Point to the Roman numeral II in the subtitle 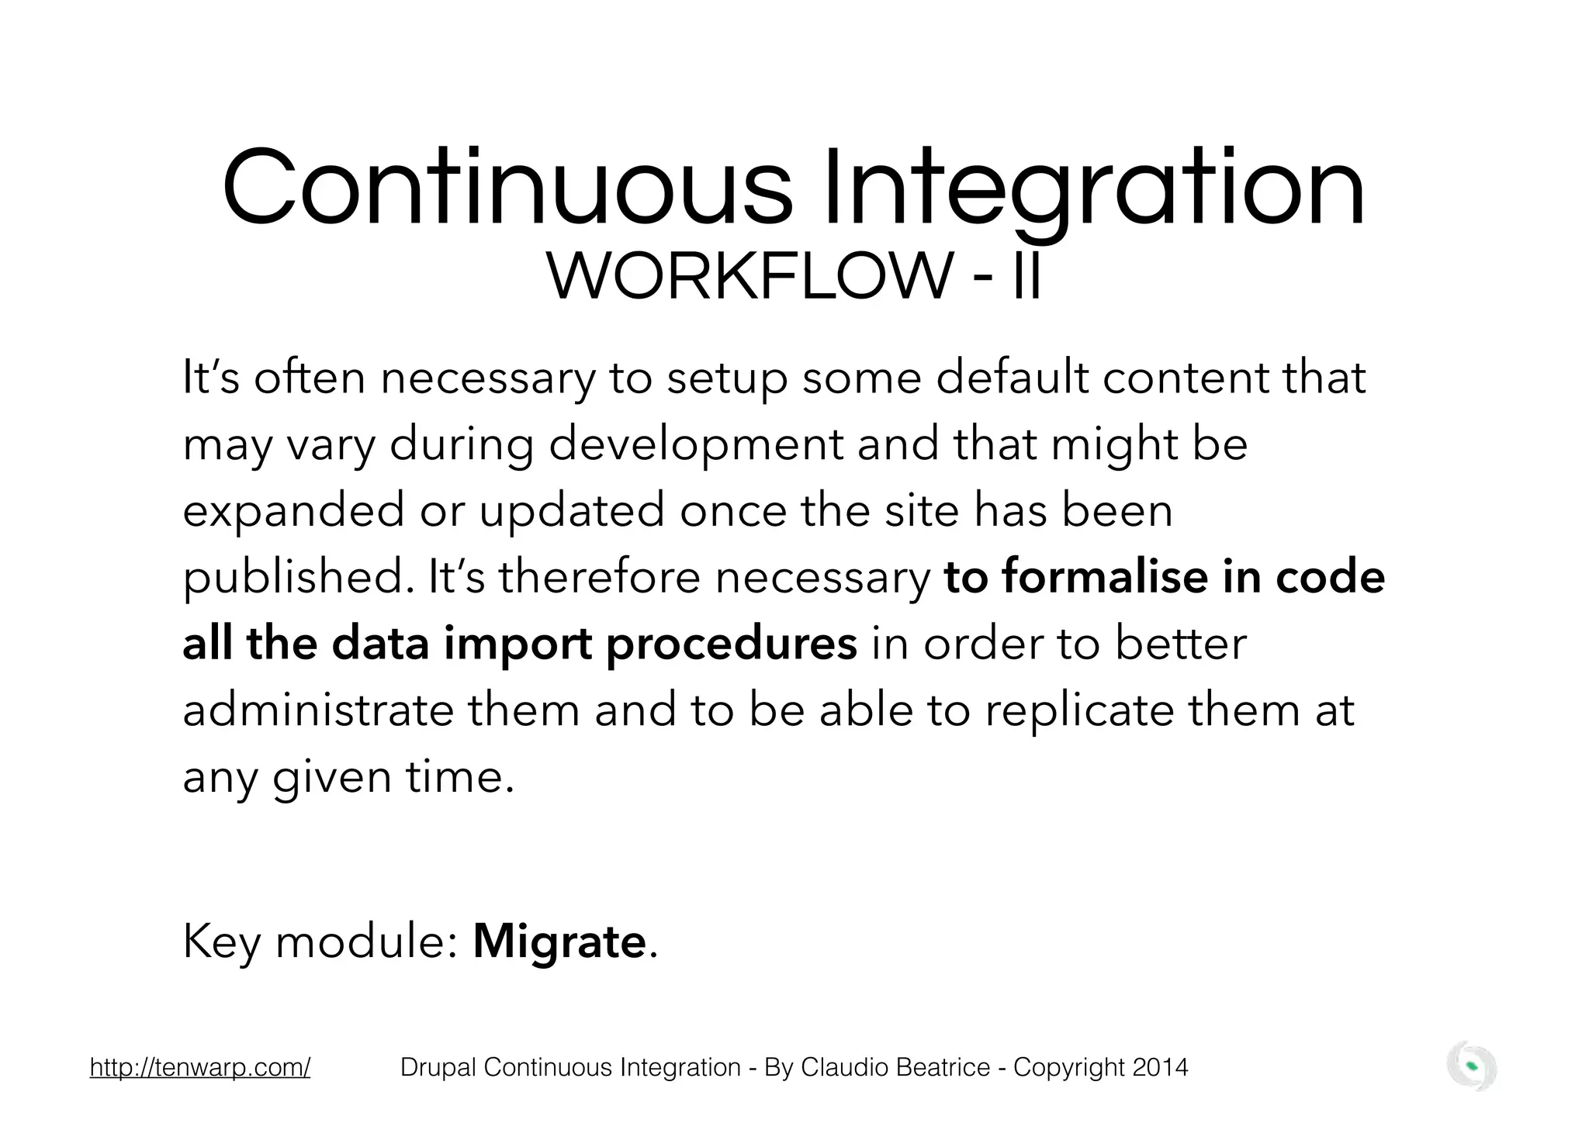pyautogui.click(x=1026, y=277)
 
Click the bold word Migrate pyautogui.click(x=559, y=942)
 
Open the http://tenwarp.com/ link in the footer pyautogui.click(x=200, y=1068)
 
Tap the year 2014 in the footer pyautogui.click(x=1160, y=1068)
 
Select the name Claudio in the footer pyautogui.click(x=836, y=1068)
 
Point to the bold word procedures pyautogui.click(x=731, y=644)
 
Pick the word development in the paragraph pyautogui.click(x=696, y=444)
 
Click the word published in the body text pyautogui.click(x=299, y=577)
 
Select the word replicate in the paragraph pyautogui.click(x=1080, y=710)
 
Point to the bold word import pyautogui.click(x=518, y=644)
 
